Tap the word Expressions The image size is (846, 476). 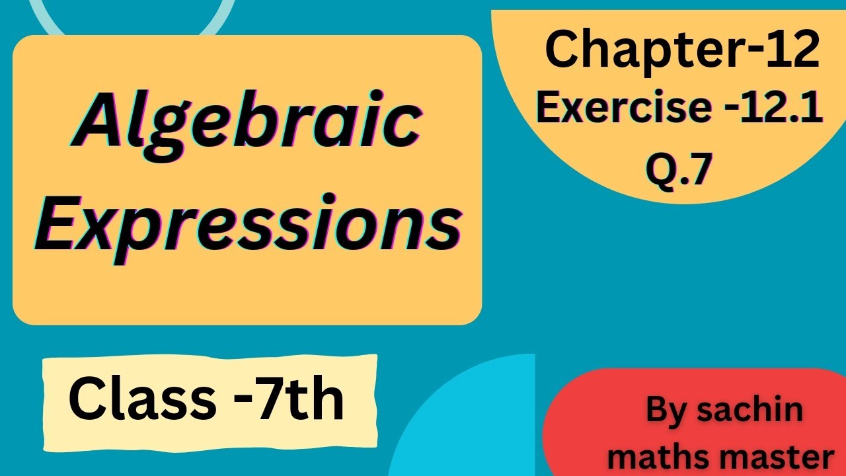(x=248, y=223)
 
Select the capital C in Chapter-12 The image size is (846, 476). (x=562, y=52)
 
